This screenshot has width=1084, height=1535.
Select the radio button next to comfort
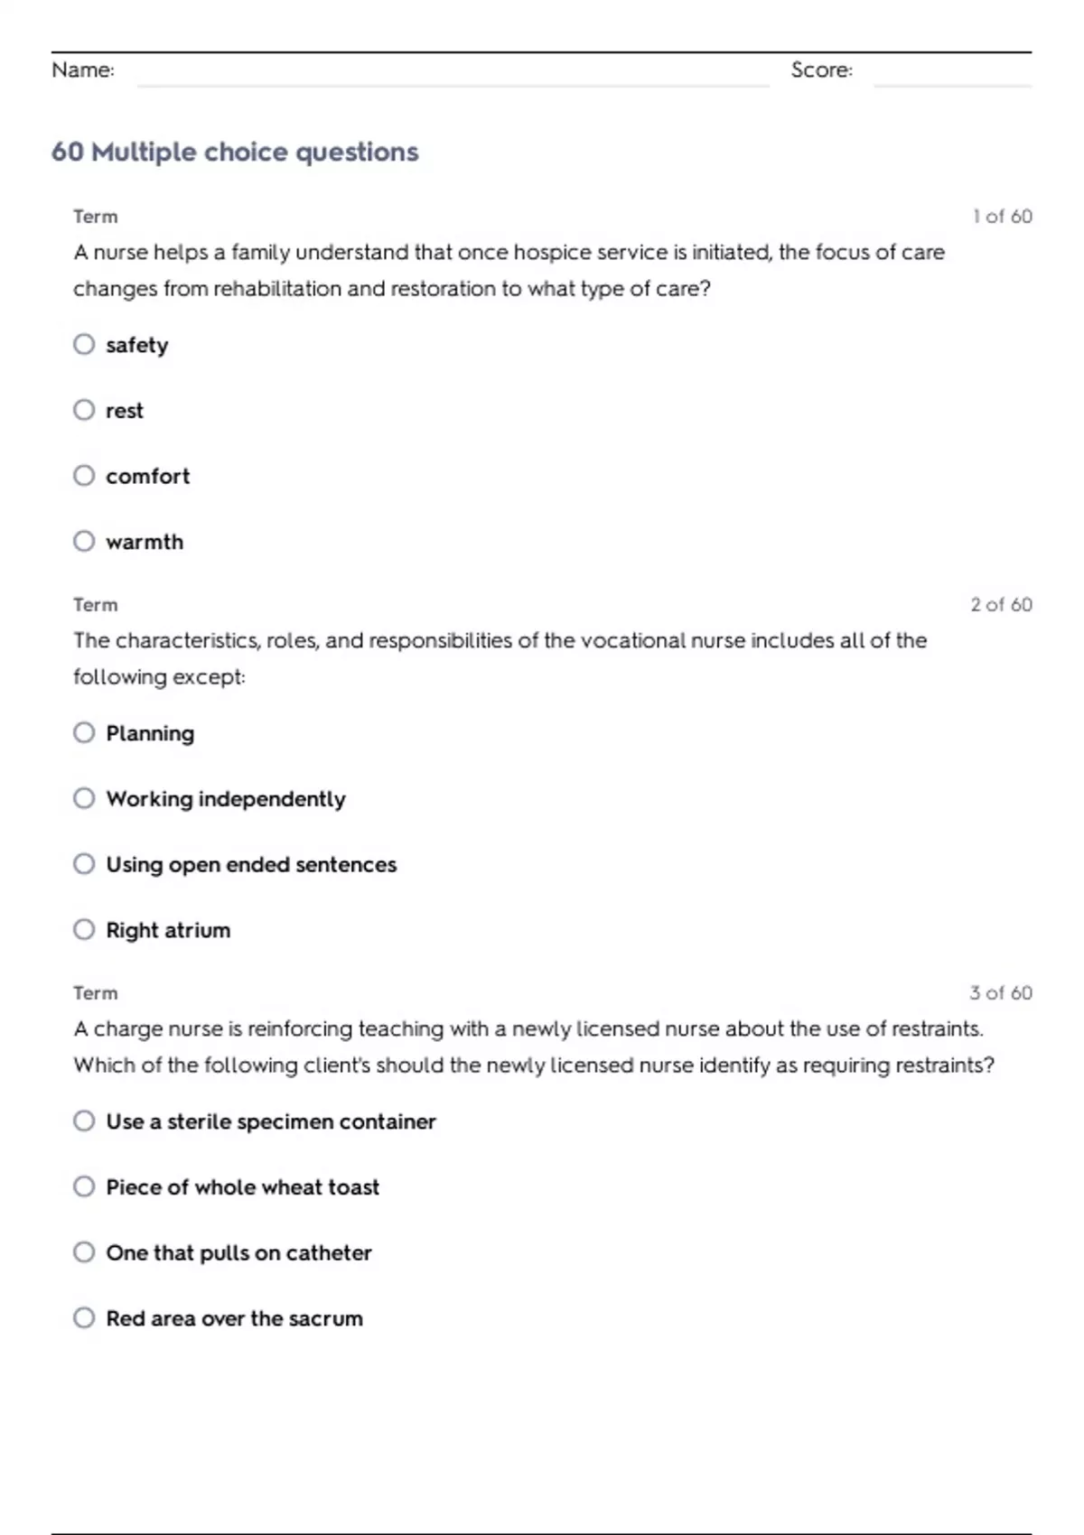click(x=84, y=475)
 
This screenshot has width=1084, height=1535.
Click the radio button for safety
click(x=84, y=344)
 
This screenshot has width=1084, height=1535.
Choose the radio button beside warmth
click(x=84, y=541)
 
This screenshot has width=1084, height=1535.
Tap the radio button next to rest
click(x=84, y=410)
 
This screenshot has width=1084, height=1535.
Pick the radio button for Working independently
click(x=84, y=798)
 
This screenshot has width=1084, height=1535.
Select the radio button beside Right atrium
click(x=84, y=929)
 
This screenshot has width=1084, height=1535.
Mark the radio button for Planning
click(x=84, y=732)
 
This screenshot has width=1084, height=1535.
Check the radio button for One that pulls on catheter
click(x=84, y=1251)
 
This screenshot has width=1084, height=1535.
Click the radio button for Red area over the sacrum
click(x=84, y=1317)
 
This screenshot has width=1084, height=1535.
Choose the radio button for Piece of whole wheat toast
click(x=84, y=1186)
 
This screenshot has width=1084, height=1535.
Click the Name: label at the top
click(x=83, y=70)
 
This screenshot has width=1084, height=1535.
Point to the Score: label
click(x=821, y=70)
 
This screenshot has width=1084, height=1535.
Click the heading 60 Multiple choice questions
click(x=235, y=152)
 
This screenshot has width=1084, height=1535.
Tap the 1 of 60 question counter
click(x=1002, y=217)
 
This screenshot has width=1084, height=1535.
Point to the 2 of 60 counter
click(x=1001, y=605)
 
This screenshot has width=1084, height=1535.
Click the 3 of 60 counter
click(x=1001, y=993)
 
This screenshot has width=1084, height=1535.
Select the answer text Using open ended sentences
click(x=251, y=864)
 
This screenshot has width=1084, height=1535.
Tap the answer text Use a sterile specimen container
click(x=271, y=1121)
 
